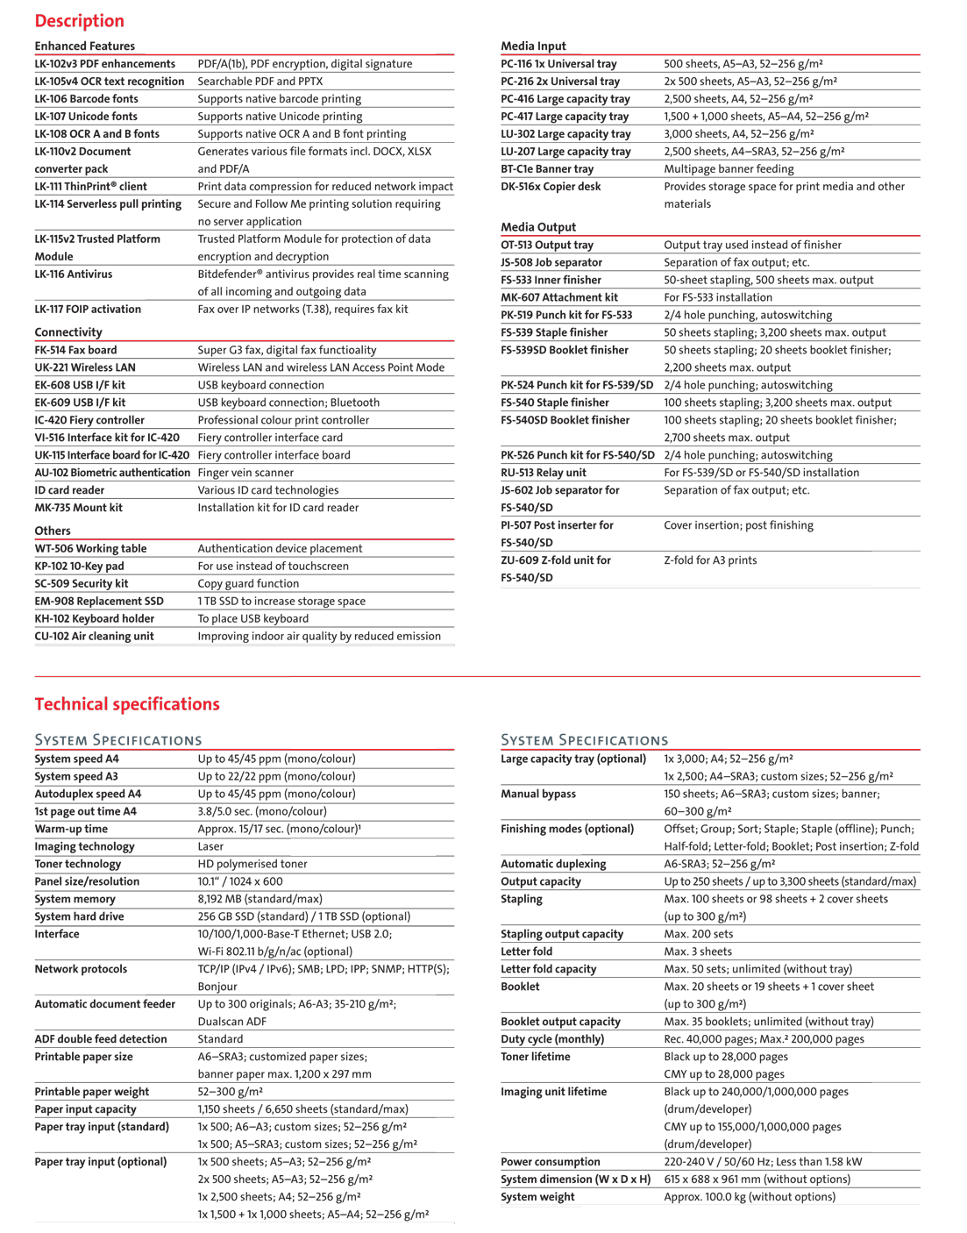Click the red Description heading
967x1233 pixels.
pos(79,21)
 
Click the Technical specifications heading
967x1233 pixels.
pos(127,704)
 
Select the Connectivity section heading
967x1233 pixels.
pos(68,332)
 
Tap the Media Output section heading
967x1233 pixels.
pos(538,227)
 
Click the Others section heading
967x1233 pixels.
pos(53,531)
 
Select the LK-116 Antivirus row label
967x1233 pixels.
pos(74,274)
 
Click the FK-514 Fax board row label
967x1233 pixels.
pos(75,350)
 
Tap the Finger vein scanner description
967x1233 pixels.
pos(245,473)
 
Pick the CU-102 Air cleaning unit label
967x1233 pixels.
pos(94,636)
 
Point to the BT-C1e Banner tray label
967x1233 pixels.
pos(547,169)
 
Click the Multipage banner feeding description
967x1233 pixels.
pos(729,169)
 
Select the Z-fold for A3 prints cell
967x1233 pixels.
pos(710,560)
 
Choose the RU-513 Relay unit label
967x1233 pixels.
pos(544,473)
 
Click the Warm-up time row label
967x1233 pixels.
pos(71,829)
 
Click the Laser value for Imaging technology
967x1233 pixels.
pos(210,846)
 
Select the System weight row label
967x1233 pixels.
pos(537,1197)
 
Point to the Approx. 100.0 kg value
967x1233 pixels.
pos(750,1197)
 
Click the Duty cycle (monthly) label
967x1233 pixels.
pos(552,1039)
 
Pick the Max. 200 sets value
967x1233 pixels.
pos(699,934)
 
